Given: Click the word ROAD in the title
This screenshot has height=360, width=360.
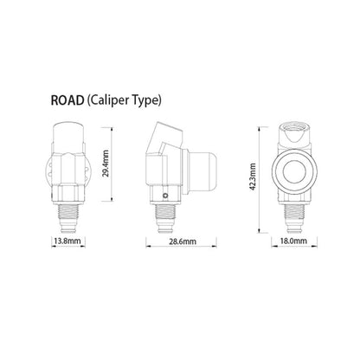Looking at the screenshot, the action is click(x=67, y=100).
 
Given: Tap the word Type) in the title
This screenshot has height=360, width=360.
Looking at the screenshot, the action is click(x=147, y=101).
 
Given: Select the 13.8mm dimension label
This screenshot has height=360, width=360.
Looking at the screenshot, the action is click(x=68, y=241).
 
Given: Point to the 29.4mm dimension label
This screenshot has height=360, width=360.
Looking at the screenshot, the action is click(x=106, y=164).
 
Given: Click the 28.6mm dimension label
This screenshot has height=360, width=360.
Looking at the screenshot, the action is click(x=183, y=241).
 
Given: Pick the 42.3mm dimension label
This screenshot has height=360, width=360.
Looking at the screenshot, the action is click(x=253, y=177).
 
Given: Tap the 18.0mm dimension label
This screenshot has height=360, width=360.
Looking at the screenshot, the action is click(x=293, y=241).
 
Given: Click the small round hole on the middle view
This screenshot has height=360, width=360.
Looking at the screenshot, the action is click(x=165, y=196).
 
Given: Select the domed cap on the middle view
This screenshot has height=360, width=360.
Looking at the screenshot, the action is click(x=202, y=171).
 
